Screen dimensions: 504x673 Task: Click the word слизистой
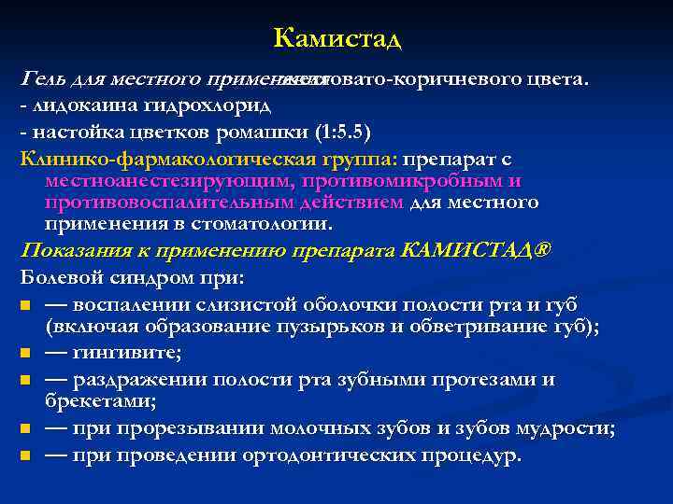pyautogui.click(x=260, y=303)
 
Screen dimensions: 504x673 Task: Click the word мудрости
pyautogui.click(x=565, y=428)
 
